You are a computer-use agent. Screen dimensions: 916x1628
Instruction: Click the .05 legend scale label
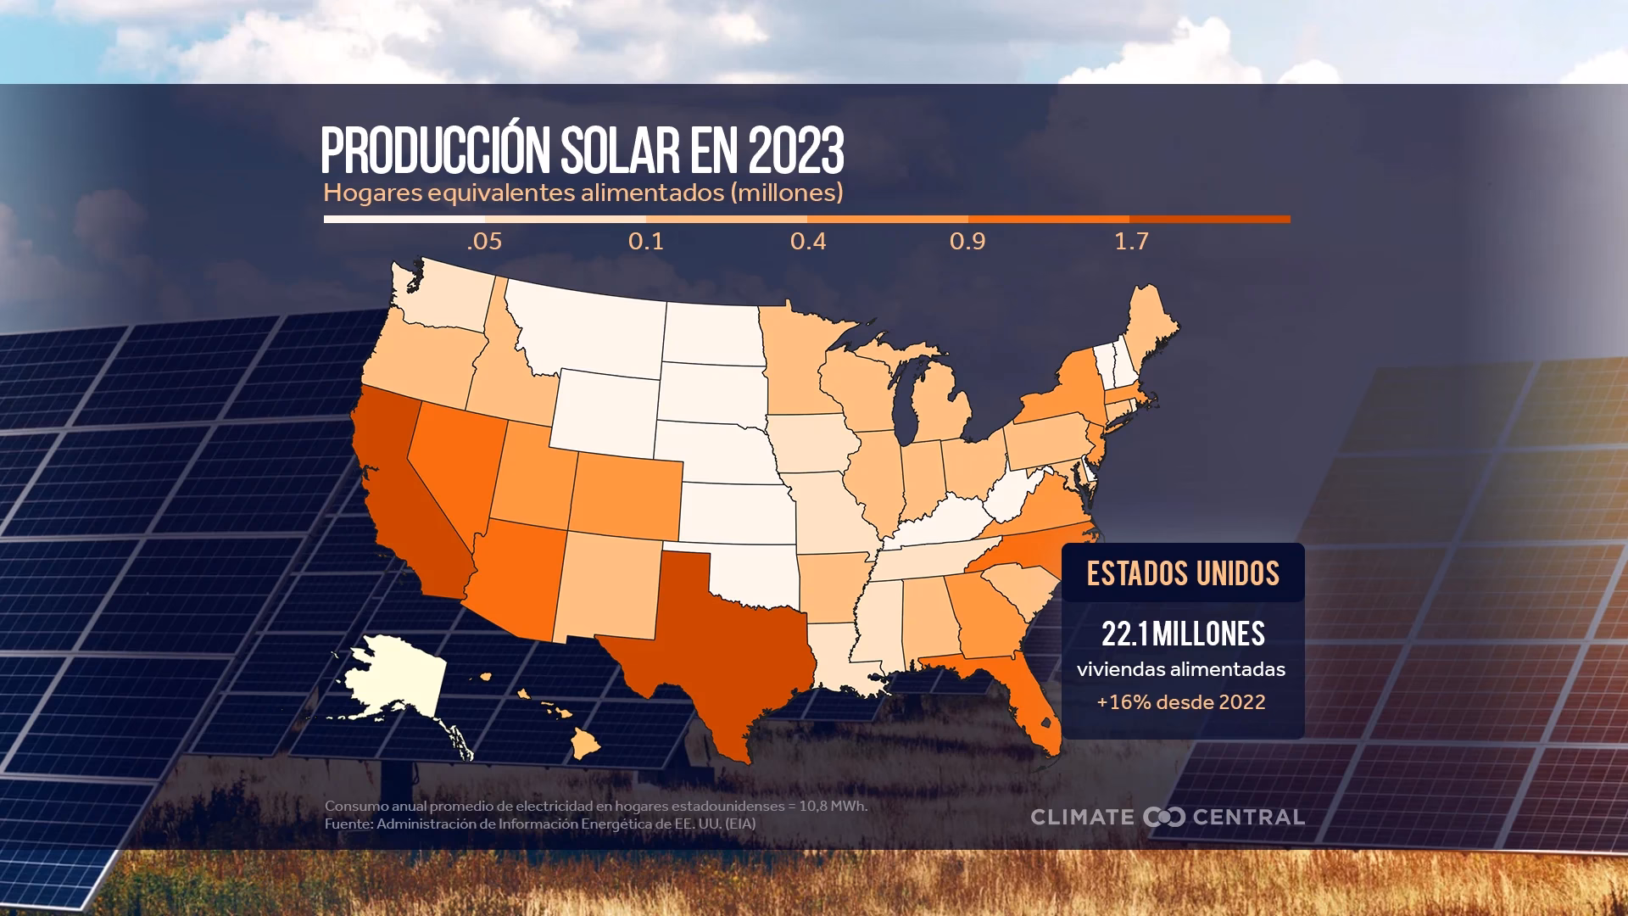tap(484, 242)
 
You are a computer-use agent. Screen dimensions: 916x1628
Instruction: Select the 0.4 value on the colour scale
tap(807, 242)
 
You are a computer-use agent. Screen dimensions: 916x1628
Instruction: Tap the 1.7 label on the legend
tap(1131, 242)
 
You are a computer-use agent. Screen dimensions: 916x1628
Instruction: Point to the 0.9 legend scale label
tap(967, 242)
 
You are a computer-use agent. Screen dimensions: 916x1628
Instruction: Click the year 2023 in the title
tap(796, 152)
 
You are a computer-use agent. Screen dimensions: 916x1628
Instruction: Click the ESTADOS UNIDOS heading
tap(1183, 574)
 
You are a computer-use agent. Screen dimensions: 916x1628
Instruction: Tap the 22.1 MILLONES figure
tap(1183, 634)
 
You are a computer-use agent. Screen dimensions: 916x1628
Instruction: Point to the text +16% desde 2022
tap(1181, 702)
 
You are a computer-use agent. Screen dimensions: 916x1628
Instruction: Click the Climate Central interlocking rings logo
tap(1163, 817)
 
